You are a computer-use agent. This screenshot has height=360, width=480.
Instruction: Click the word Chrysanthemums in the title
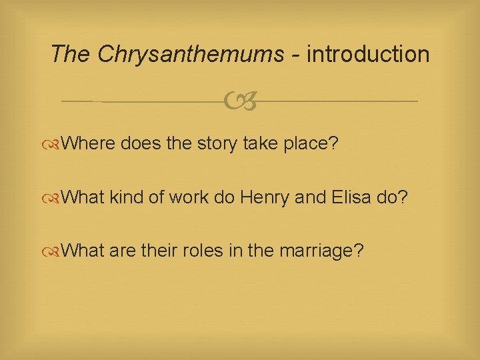click(190, 54)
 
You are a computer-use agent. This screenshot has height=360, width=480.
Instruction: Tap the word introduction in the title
click(368, 54)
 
